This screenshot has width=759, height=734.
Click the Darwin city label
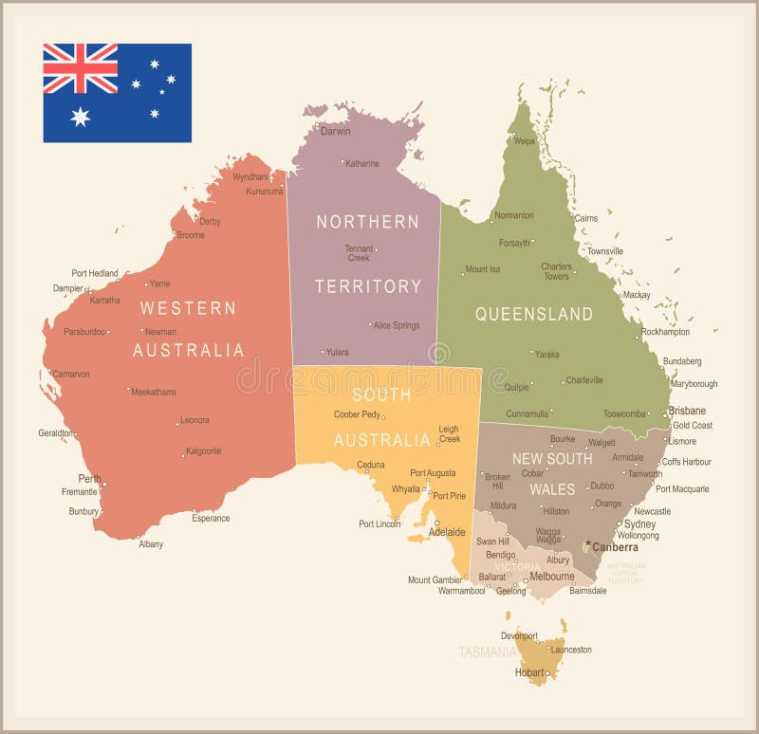pyautogui.click(x=335, y=132)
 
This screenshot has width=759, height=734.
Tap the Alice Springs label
pyautogui.click(x=396, y=326)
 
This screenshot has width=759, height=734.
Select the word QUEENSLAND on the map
pyautogui.click(x=534, y=314)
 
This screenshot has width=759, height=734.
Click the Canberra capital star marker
pyautogui.click(x=588, y=544)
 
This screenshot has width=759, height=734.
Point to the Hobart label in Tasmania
pyautogui.click(x=529, y=672)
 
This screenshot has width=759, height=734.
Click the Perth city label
pyautogui.click(x=89, y=479)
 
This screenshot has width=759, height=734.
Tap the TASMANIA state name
pyautogui.click(x=488, y=652)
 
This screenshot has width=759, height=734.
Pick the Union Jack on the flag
pyautogui.click(x=81, y=68)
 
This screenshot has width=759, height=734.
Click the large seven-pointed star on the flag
pyautogui.click(x=81, y=116)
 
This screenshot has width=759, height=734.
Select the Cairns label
pyautogui.click(x=586, y=218)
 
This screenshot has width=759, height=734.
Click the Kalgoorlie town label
pyautogui.click(x=204, y=451)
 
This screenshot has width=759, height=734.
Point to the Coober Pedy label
pyautogui.click(x=357, y=414)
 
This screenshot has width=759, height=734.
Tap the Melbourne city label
pyautogui.click(x=551, y=577)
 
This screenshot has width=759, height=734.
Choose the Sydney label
pyautogui.click(x=639, y=524)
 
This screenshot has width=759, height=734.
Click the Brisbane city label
pyautogui.click(x=687, y=411)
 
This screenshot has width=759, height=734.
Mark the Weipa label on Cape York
pyautogui.click(x=524, y=141)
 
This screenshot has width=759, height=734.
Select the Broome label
pyautogui.click(x=190, y=235)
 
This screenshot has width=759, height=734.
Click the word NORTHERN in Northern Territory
pyautogui.click(x=367, y=222)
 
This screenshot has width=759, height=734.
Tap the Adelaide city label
pyautogui.click(x=447, y=532)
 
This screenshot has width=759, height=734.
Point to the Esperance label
pyautogui.click(x=211, y=519)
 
